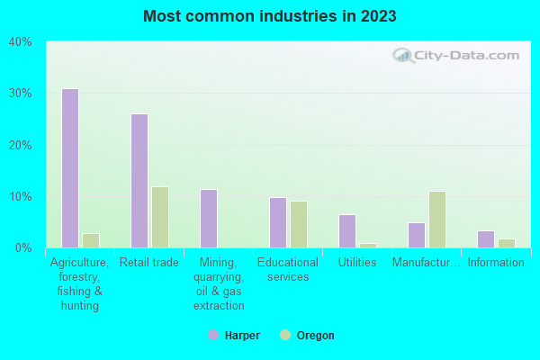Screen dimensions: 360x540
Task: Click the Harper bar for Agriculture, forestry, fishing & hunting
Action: (69, 168)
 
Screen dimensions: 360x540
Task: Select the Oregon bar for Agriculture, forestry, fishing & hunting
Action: (90, 240)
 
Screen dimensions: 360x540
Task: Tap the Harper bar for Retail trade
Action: (139, 181)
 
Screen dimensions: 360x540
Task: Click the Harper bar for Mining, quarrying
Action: (208, 219)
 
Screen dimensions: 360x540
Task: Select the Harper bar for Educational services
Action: (277, 222)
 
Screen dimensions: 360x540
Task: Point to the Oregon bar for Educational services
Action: (298, 224)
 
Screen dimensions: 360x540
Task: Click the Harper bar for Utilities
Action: (346, 231)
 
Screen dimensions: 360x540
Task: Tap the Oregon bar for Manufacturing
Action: (436, 220)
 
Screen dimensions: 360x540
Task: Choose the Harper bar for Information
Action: (485, 239)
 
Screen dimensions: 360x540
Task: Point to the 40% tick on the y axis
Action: (21, 42)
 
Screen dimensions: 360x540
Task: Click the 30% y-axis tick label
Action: (21, 94)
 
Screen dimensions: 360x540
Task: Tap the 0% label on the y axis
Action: (23, 248)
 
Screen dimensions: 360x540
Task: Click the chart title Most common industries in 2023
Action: (269, 17)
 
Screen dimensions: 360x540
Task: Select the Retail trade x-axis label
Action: (149, 263)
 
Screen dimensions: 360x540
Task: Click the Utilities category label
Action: (357, 263)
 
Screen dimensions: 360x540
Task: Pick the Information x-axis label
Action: (495, 263)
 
